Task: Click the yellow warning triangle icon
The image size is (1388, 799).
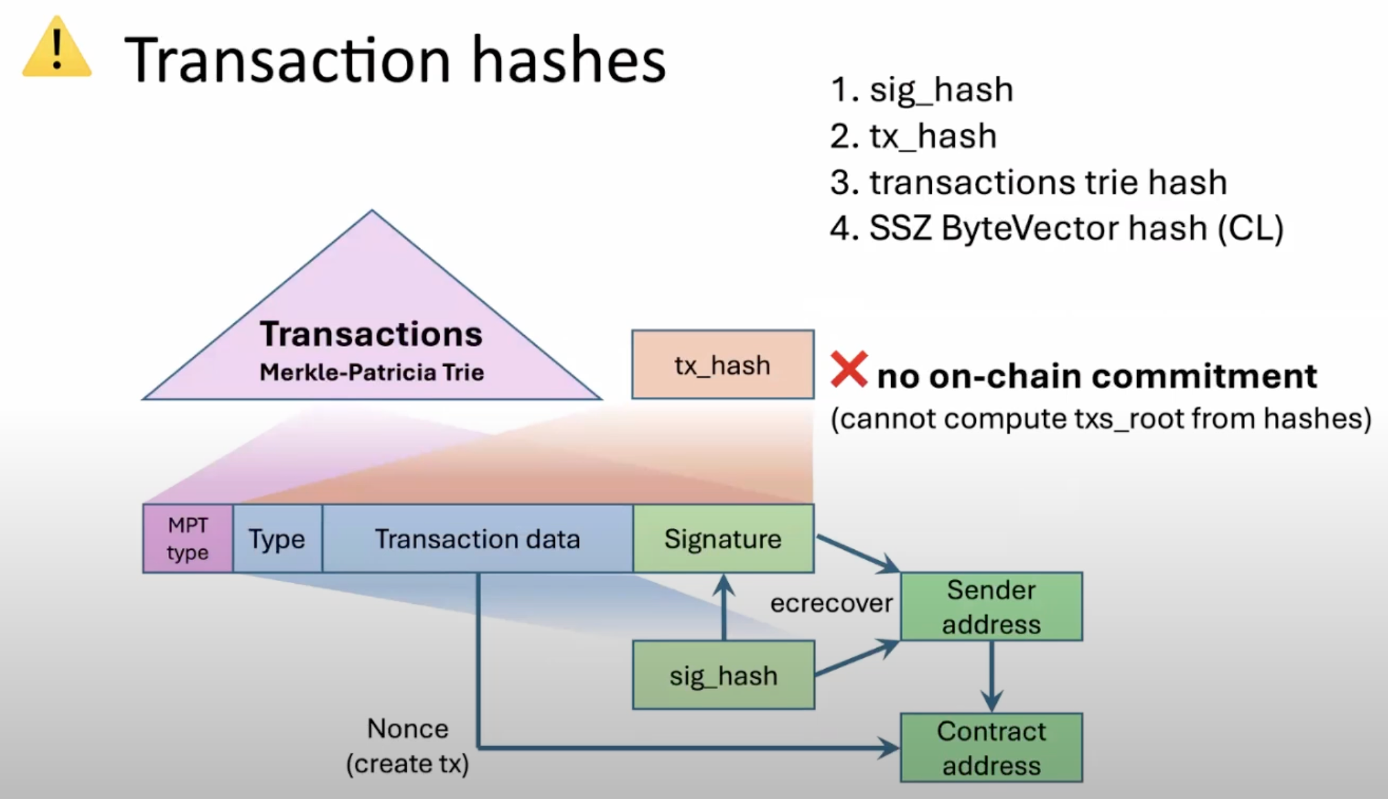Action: tap(57, 48)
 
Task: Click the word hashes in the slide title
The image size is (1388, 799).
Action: tap(569, 61)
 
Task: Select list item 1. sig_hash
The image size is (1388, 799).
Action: tap(921, 90)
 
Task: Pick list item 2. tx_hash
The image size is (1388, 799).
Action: tap(913, 136)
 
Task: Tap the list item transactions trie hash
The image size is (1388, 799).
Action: tap(1028, 182)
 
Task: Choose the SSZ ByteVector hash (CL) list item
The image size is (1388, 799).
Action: tap(1057, 228)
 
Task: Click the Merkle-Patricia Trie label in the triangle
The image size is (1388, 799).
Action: tap(371, 372)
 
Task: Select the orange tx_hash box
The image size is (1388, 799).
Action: tap(722, 365)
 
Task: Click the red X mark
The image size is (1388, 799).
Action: tap(848, 370)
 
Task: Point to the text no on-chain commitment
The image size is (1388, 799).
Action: tap(1096, 376)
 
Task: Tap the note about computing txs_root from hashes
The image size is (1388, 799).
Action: tap(1101, 418)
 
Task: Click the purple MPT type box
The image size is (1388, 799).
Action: tap(187, 538)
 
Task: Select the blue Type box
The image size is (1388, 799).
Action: tap(277, 538)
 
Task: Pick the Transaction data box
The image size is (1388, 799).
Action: tap(477, 538)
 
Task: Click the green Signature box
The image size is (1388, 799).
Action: tap(723, 538)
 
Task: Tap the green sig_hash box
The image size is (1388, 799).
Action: tap(723, 675)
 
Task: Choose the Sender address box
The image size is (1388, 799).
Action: tap(991, 607)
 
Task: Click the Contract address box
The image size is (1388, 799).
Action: tap(991, 748)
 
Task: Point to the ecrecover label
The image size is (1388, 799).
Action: tap(831, 603)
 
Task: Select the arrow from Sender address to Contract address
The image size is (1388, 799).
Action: tap(991, 676)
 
